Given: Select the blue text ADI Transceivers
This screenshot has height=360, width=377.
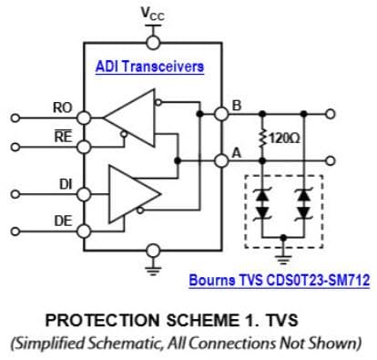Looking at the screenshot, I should pyautogui.click(x=149, y=67).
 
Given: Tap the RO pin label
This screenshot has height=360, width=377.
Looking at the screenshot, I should pyautogui.click(x=62, y=107).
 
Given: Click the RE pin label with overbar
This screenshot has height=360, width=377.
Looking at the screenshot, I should pyautogui.click(x=62, y=136).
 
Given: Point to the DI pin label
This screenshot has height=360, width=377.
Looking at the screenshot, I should pyautogui.click(x=65, y=184).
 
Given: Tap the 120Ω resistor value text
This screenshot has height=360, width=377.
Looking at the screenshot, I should pyautogui.click(x=283, y=138).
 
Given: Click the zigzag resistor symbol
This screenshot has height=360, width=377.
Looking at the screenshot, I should pyautogui.click(x=263, y=138).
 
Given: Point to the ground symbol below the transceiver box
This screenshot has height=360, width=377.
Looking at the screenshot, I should pyautogui.click(x=151, y=270).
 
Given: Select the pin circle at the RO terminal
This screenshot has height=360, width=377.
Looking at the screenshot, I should pyautogui.click(x=83, y=118).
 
